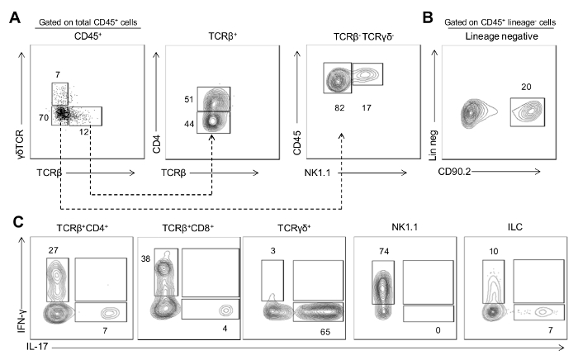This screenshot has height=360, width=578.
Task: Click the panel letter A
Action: (x=15, y=17)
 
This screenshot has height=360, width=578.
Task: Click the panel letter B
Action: (x=428, y=17)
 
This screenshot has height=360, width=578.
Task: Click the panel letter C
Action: (x=18, y=222)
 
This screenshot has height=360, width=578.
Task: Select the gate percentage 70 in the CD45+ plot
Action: (x=44, y=117)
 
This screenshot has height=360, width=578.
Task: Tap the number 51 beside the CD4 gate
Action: (x=189, y=99)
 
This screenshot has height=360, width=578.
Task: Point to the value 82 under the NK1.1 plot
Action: (x=339, y=107)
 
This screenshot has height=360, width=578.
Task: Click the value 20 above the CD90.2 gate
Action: (x=526, y=87)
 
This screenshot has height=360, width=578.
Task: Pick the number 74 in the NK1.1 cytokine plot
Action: (x=384, y=251)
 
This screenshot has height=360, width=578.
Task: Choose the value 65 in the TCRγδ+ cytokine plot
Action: (x=325, y=332)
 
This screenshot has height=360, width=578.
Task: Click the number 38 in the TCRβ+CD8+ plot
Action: (x=145, y=258)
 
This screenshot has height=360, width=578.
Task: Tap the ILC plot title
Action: (x=515, y=227)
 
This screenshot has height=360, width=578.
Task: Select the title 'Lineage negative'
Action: (x=501, y=36)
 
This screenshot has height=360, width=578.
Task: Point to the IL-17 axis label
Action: (x=37, y=346)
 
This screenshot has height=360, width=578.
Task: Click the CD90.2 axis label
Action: (x=454, y=172)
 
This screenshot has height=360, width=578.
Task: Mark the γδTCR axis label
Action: (x=20, y=144)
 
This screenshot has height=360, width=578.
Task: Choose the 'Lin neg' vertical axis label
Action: (x=433, y=145)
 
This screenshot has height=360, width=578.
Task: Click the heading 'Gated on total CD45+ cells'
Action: (x=88, y=22)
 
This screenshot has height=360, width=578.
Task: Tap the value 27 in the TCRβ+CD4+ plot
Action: (x=53, y=250)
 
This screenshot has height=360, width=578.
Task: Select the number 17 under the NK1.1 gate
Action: (x=367, y=107)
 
